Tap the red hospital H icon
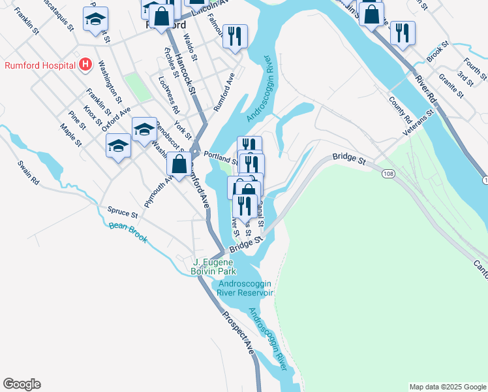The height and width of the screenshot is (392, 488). [x=84, y=65]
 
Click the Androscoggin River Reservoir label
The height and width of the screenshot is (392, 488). [x=246, y=288]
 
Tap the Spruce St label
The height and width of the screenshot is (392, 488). [x=123, y=213]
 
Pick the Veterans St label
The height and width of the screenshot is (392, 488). [x=418, y=122]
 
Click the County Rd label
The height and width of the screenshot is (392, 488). [x=400, y=110]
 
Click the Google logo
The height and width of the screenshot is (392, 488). [x=22, y=384]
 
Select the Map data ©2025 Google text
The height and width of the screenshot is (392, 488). [x=447, y=387]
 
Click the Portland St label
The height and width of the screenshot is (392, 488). [x=221, y=157]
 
